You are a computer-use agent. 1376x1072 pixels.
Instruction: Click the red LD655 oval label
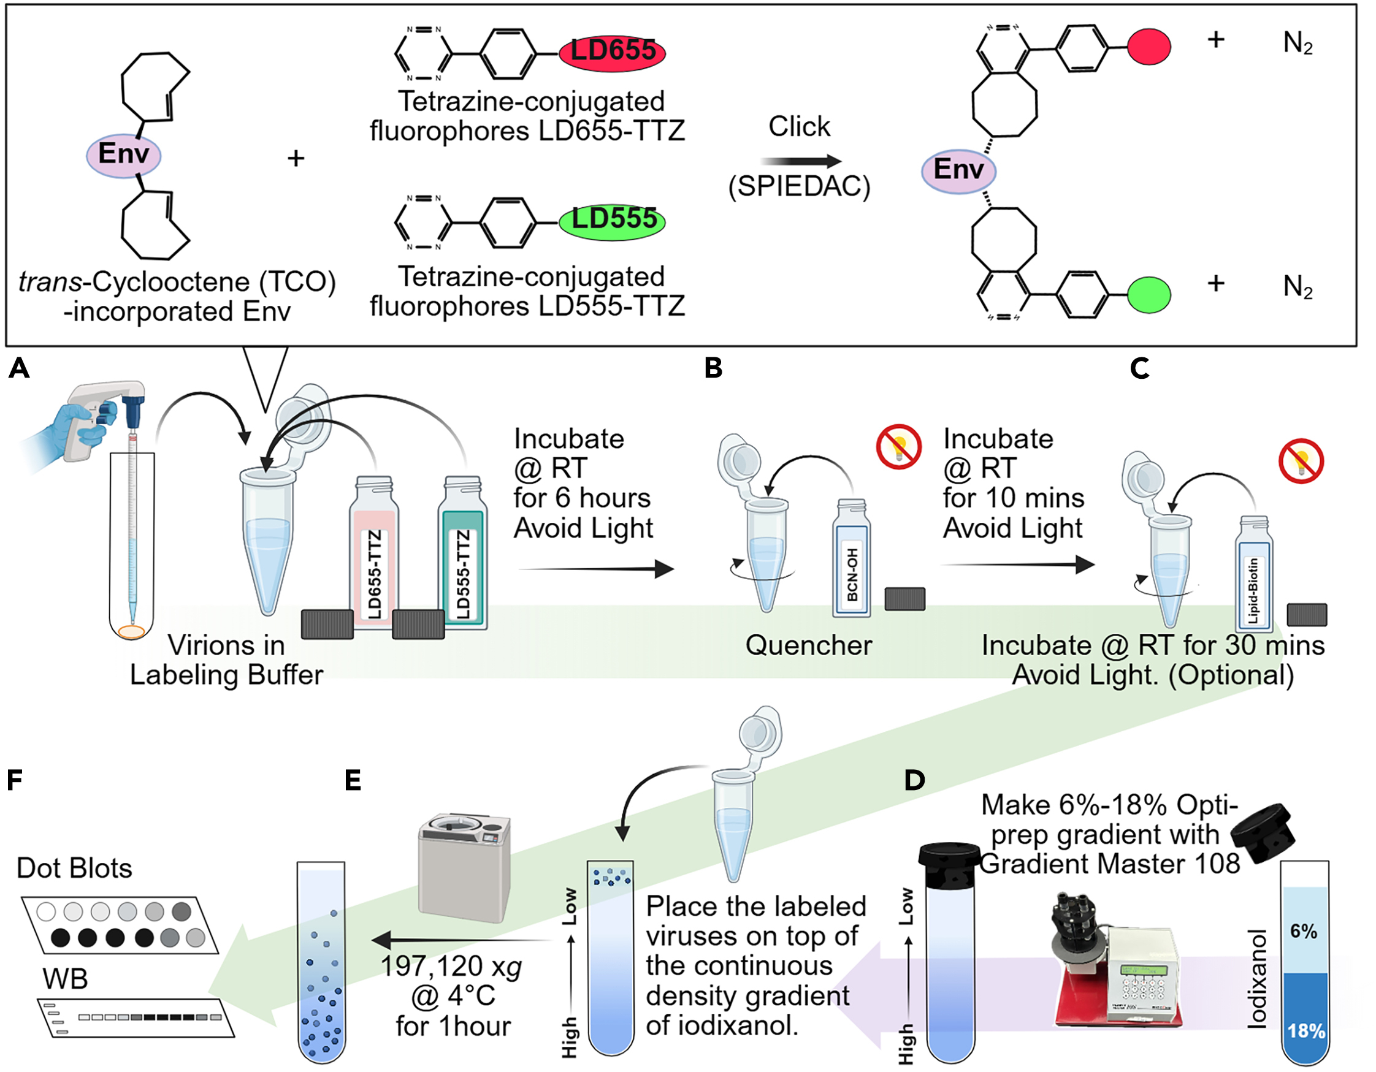(x=612, y=51)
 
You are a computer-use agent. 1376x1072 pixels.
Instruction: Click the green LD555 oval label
(x=612, y=220)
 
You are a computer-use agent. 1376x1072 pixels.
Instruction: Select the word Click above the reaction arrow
(x=799, y=127)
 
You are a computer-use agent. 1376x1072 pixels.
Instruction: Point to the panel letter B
(x=713, y=368)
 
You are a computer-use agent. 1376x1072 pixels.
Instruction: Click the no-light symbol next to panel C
(x=1301, y=461)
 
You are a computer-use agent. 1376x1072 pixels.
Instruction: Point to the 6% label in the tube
(x=1304, y=931)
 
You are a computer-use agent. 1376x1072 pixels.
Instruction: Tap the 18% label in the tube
(x=1305, y=1031)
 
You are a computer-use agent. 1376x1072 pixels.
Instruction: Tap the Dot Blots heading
(x=74, y=869)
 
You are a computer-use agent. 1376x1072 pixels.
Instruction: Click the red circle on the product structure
(x=1149, y=47)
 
